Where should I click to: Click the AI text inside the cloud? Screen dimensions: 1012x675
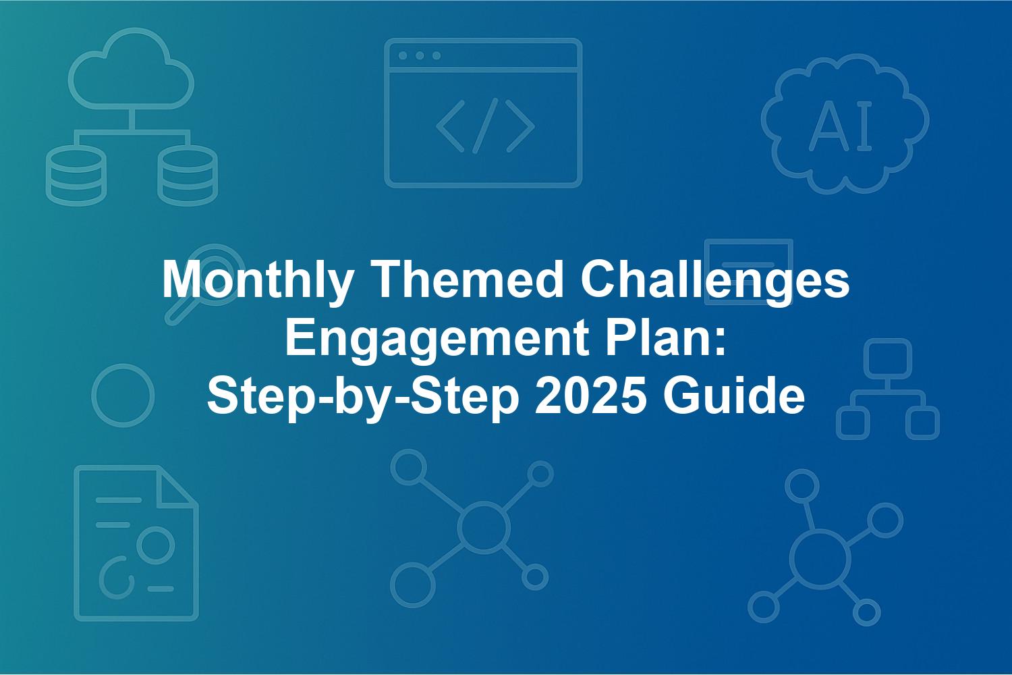tap(841, 126)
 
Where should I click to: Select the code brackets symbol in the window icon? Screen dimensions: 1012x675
tap(485, 126)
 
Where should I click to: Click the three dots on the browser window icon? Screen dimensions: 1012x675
tap(420, 55)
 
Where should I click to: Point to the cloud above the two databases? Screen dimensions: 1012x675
tap(132, 69)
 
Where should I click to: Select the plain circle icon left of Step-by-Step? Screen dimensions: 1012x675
tap(123, 396)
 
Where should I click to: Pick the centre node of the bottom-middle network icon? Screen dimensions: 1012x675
tap(484, 527)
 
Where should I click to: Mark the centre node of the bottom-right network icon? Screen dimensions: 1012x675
tap(820, 559)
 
